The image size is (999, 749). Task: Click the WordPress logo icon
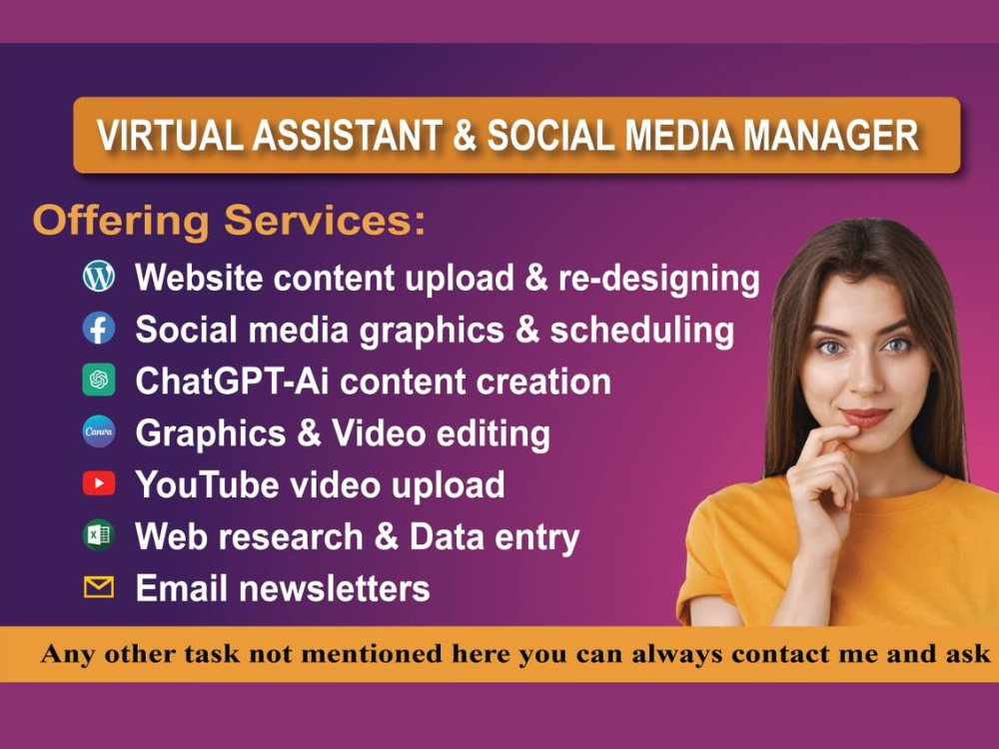coord(99,277)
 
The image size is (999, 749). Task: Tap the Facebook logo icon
coord(99,329)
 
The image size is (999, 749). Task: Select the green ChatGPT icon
coord(99,380)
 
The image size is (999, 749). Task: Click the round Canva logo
coord(99,432)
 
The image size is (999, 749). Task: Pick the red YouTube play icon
coord(99,484)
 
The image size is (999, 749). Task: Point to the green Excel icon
coord(98,536)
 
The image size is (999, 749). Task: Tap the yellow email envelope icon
coord(99,587)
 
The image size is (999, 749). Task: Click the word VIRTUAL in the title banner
coord(166,136)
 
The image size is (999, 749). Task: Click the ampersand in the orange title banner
coord(465,136)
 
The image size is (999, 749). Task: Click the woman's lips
coord(864,416)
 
